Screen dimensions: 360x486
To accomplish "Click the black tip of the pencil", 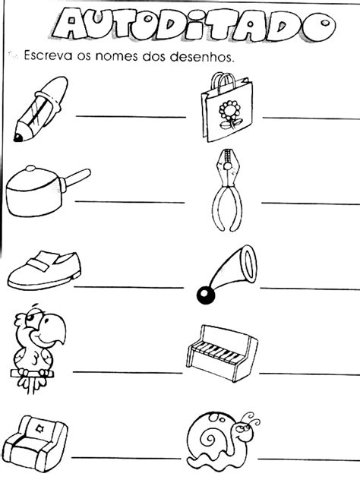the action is click(x=17, y=137).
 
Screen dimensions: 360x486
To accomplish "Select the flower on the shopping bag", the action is click(x=230, y=111).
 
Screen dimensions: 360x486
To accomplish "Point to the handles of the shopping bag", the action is click(x=223, y=80).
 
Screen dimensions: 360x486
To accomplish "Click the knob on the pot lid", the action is click(x=30, y=169).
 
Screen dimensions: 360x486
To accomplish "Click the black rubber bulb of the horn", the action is click(x=205, y=296).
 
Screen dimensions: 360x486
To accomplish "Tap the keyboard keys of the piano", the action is click(x=219, y=353).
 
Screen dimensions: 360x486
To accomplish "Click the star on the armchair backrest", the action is click(x=39, y=429).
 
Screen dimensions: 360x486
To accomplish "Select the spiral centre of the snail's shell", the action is click(x=207, y=440).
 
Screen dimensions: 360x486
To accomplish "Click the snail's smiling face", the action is click(x=242, y=431).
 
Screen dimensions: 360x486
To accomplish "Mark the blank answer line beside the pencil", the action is click(x=131, y=116).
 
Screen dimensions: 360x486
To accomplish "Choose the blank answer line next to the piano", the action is click(x=309, y=374).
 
